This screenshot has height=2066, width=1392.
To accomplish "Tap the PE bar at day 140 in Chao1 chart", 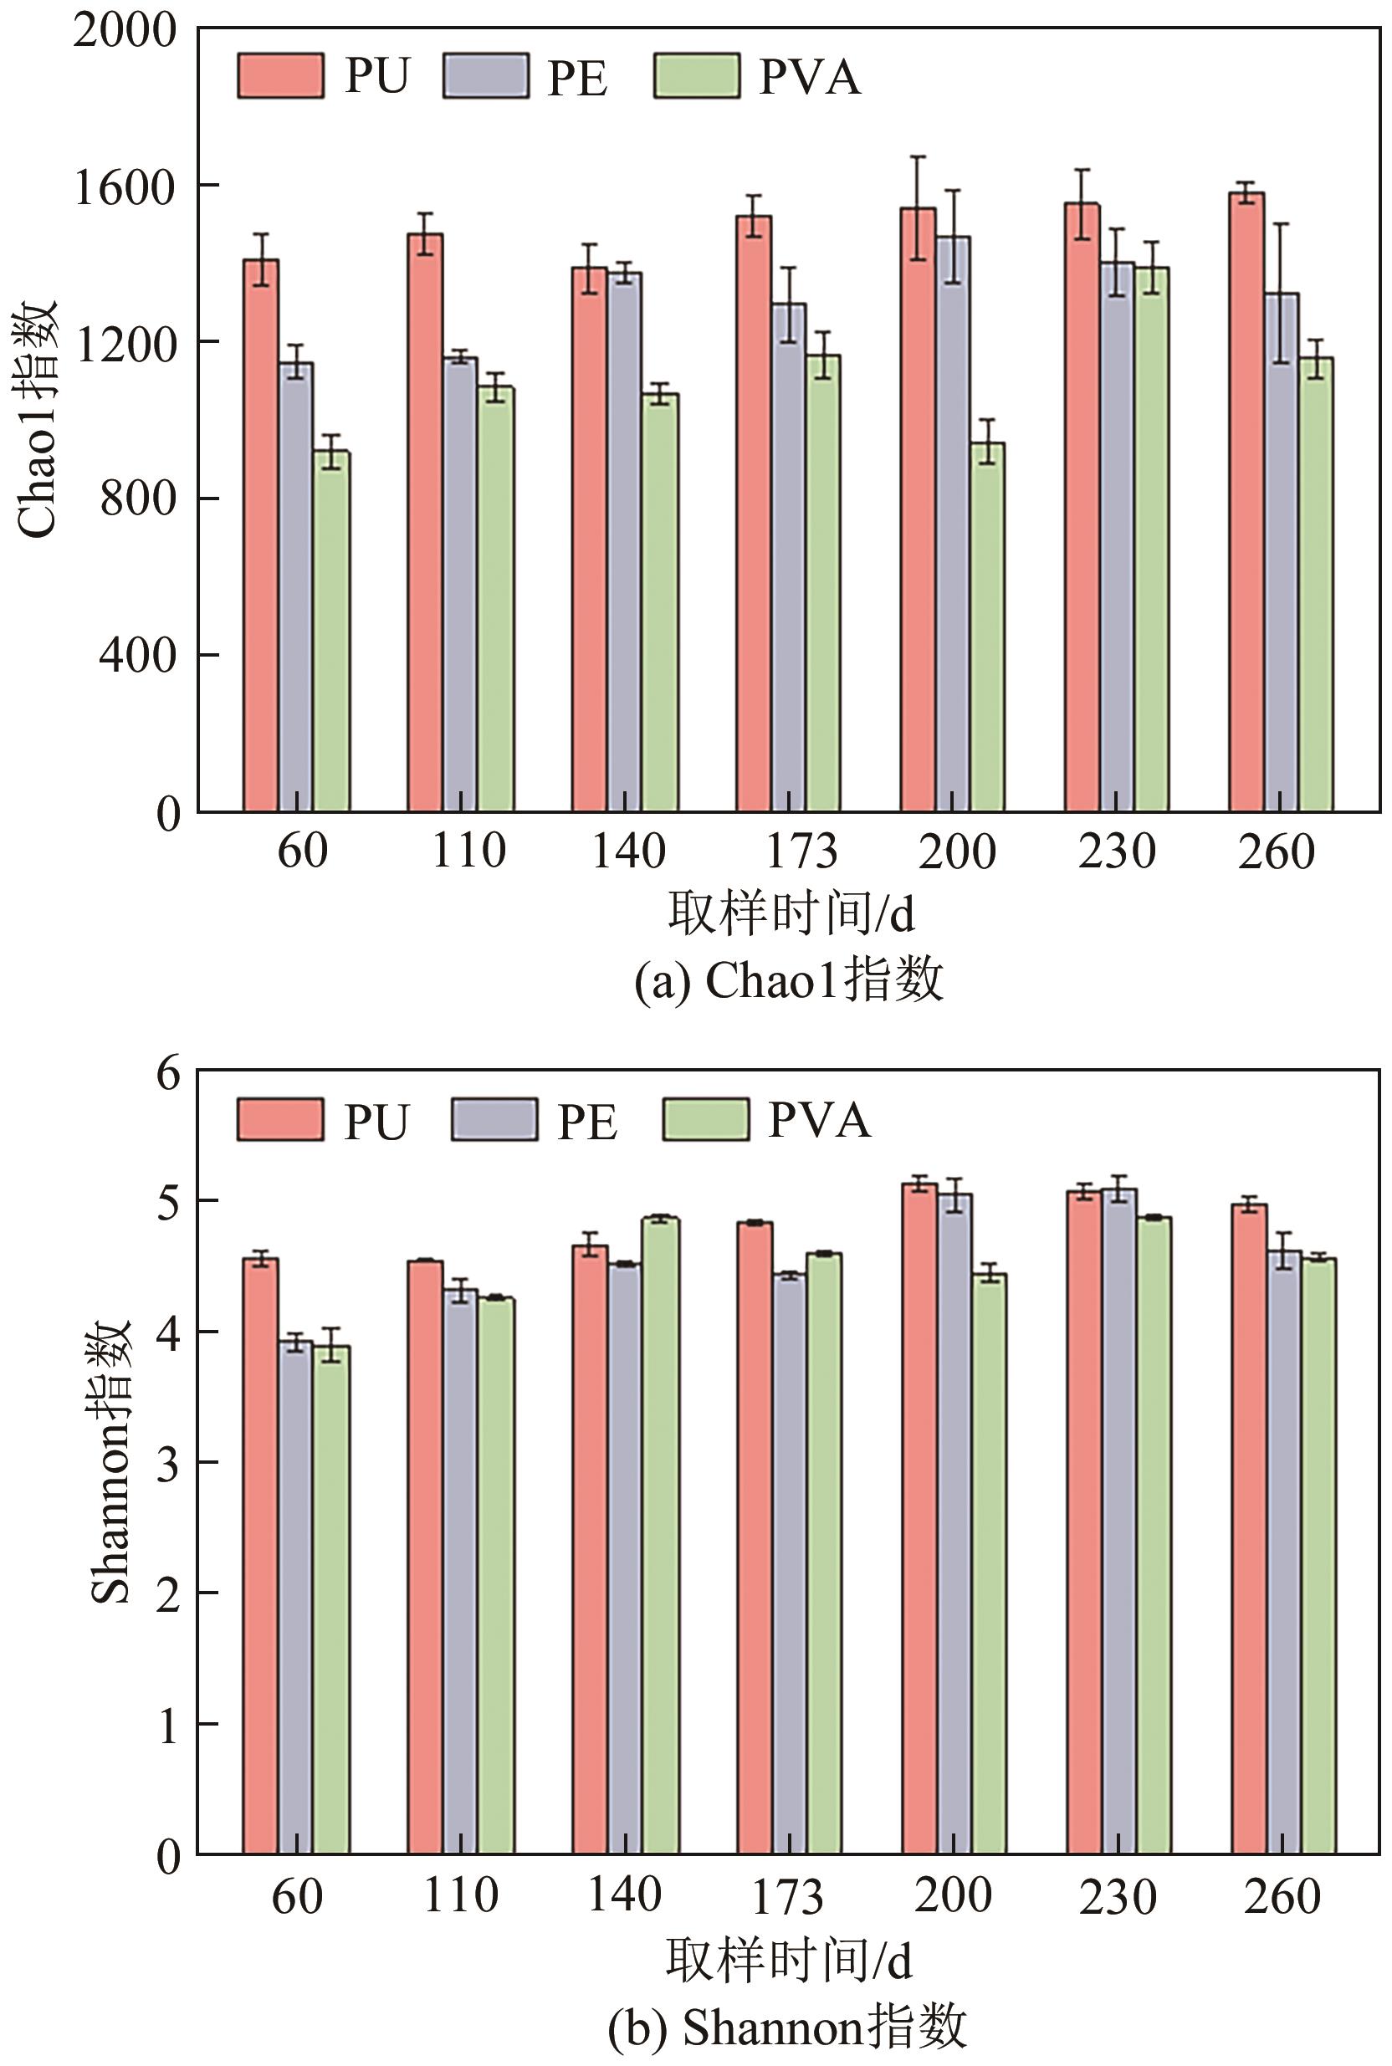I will (625, 541).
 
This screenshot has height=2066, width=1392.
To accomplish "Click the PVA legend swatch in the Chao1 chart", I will (697, 76).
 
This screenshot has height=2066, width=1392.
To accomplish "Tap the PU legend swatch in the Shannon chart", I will (279, 1119).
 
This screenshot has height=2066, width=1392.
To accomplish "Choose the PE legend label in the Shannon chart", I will (586, 1122).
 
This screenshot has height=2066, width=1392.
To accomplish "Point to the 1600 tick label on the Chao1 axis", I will (125, 187).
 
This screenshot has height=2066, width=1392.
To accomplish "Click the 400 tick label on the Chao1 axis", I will (137, 656).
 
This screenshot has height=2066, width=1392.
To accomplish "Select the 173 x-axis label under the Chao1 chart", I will (801, 851).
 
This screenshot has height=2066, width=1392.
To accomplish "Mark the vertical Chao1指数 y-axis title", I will (38, 418).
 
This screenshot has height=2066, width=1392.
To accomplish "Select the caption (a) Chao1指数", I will (788, 981).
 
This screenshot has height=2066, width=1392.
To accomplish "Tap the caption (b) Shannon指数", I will (787, 2027).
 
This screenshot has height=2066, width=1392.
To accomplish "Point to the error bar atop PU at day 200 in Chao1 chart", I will (918, 207).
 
